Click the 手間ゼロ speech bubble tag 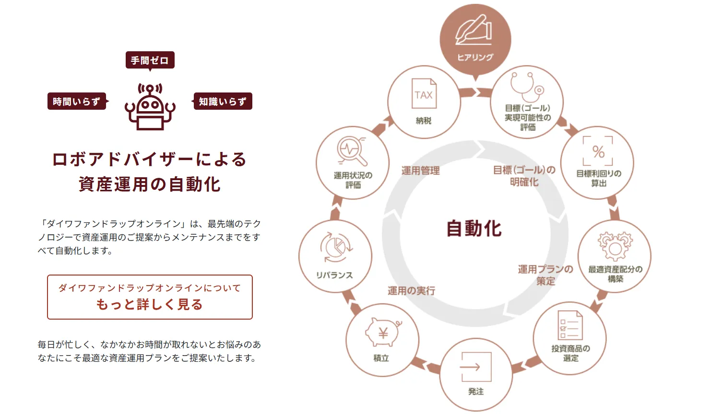[150, 60]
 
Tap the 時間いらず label [77, 102]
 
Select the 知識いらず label [223, 102]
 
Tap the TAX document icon [424, 94]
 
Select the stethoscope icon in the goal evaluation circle [527, 86]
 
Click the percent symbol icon [598, 151]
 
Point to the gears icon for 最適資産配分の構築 [615, 246]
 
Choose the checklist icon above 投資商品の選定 [570, 325]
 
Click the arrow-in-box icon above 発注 [476, 367]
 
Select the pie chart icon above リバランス [335, 248]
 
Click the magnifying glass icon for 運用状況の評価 [352, 150]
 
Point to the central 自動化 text [474, 228]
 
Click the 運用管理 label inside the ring [421, 171]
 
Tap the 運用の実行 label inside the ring [411, 290]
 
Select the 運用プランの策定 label [545, 275]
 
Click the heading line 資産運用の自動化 [150, 184]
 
